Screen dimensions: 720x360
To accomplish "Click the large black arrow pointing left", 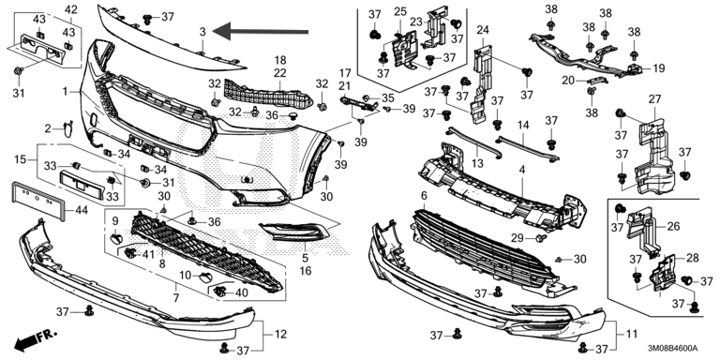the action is point(260,31).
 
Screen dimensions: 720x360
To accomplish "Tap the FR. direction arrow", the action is point(36,339).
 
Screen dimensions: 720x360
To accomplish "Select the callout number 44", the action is point(81,211).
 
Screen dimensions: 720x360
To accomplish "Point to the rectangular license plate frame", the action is point(37,201).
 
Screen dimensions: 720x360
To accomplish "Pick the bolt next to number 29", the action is point(540,238).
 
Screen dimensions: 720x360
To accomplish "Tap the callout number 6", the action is point(424,196).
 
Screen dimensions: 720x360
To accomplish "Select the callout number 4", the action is point(521,171).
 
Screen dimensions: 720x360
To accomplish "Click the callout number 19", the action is point(658,69).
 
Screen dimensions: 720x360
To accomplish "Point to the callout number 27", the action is point(654,98).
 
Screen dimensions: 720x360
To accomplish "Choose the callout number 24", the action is point(483,31).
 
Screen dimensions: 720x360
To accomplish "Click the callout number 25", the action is point(400,11).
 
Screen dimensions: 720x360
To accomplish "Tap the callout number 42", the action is point(71,9).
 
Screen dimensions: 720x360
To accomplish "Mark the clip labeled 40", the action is point(221,291).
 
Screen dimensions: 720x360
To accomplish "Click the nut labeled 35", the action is point(367,97).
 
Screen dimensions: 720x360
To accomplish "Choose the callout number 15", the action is point(21,159).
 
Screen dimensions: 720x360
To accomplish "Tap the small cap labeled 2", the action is point(67,129).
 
